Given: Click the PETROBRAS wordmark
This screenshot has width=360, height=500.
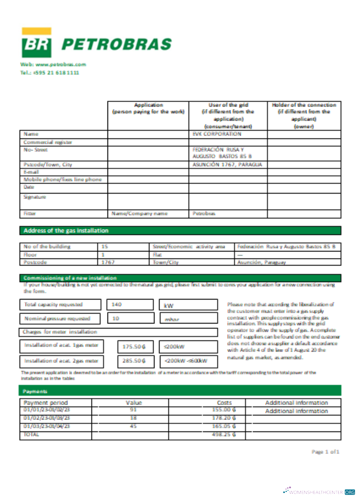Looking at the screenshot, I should tap(116, 44).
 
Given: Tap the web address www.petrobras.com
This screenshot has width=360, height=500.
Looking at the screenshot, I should tap(53, 64).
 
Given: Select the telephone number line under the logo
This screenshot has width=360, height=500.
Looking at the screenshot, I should tap(49, 72).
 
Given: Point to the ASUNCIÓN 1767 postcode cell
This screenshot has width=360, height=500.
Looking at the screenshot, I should tap(227, 164).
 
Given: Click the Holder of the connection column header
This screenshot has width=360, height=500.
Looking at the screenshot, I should tap(304, 115).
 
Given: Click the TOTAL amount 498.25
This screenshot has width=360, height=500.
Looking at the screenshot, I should tap(224, 434).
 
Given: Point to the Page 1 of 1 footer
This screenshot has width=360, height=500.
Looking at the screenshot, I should tap(325, 451).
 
